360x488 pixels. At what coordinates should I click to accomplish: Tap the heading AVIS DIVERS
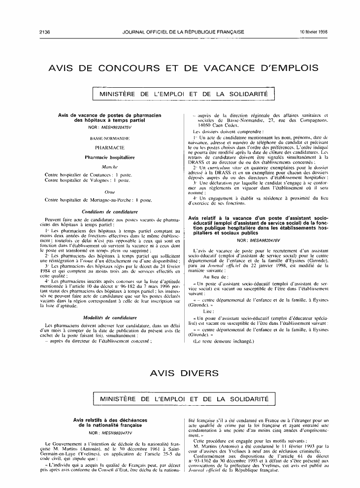pyautogui.click(x=179, y=373)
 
